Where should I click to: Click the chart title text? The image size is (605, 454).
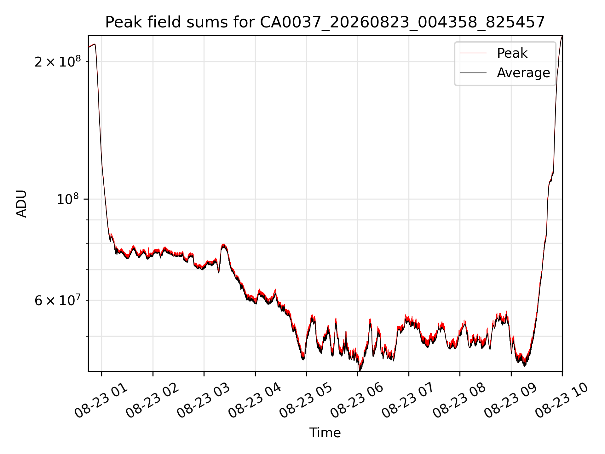coord(325,22)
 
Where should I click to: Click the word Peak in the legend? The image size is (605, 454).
coord(512,53)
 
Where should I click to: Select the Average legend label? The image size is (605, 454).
coord(523,73)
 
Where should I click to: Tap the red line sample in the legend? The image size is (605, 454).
coord(473,53)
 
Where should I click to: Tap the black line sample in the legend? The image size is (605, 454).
coord(473,73)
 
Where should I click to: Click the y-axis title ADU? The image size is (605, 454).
coord(21,204)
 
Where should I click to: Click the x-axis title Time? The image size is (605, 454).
coord(325,433)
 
